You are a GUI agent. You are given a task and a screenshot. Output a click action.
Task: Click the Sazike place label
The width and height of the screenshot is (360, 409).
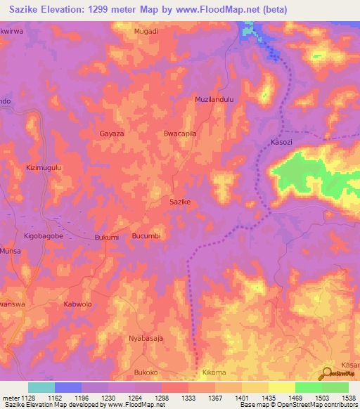pos(181,201)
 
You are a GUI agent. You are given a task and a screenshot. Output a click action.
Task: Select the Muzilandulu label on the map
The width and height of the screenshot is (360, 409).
pos(214,100)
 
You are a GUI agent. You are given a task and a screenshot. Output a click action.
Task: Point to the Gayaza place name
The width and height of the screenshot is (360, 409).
pos(112,133)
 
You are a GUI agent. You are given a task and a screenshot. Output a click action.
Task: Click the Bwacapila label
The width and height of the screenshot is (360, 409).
pos(179,133)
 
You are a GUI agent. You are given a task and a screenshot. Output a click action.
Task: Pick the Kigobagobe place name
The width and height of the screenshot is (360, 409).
pos(44,237)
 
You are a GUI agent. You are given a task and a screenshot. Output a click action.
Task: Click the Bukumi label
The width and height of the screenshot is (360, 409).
pos(106,238)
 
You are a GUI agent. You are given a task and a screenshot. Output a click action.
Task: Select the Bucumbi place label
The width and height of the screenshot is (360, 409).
pos(147,236)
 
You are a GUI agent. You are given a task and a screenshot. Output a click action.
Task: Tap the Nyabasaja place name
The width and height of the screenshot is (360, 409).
pos(146,338)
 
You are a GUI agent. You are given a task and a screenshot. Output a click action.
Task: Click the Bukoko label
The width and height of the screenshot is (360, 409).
pos(147,371)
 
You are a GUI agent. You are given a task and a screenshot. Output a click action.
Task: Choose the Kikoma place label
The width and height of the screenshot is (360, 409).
pos(214,371)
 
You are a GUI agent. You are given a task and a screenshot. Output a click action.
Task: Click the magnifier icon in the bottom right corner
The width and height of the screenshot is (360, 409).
pos(328,374)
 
